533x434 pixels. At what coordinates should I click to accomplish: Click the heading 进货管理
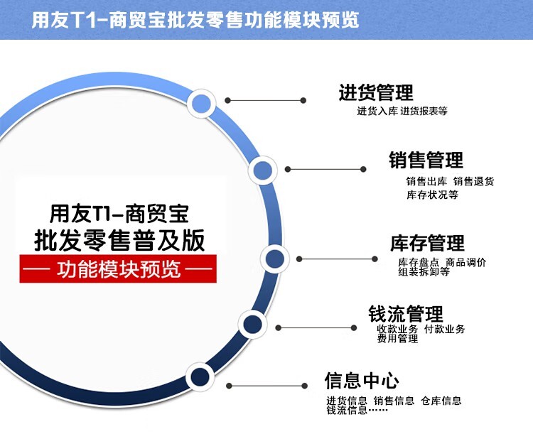(x=376, y=92)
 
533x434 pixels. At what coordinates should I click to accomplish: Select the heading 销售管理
(x=426, y=160)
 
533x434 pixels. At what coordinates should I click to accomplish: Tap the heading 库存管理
(x=427, y=243)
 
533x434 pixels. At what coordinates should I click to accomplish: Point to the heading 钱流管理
(x=406, y=313)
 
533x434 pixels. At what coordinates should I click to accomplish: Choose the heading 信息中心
(x=362, y=380)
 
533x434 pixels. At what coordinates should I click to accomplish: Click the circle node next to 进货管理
(x=202, y=103)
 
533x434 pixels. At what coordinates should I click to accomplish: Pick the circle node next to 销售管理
(x=262, y=170)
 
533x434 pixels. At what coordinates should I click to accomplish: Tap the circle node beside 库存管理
(x=274, y=259)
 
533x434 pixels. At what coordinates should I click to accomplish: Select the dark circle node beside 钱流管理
(x=252, y=324)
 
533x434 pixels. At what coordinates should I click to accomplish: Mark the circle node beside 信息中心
(x=200, y=376)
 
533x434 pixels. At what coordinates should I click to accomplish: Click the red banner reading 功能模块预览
(x=118, y=268)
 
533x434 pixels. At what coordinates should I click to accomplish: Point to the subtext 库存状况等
(x=432, y=195)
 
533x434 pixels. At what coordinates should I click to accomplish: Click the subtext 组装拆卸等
(x=424, y=271)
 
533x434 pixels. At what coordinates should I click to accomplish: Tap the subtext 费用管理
(x=397, y=339)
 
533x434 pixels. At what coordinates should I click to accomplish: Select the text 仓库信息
(x=441, y=401)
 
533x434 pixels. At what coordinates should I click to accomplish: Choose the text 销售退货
(x=474, y=182)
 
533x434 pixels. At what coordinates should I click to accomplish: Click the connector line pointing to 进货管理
(x=266, y=100)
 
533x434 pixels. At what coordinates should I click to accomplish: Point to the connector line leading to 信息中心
(x=266, y=386)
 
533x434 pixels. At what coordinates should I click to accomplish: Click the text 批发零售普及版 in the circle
(x=119, y=240)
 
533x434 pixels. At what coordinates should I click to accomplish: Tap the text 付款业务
(x=445, y=329)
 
